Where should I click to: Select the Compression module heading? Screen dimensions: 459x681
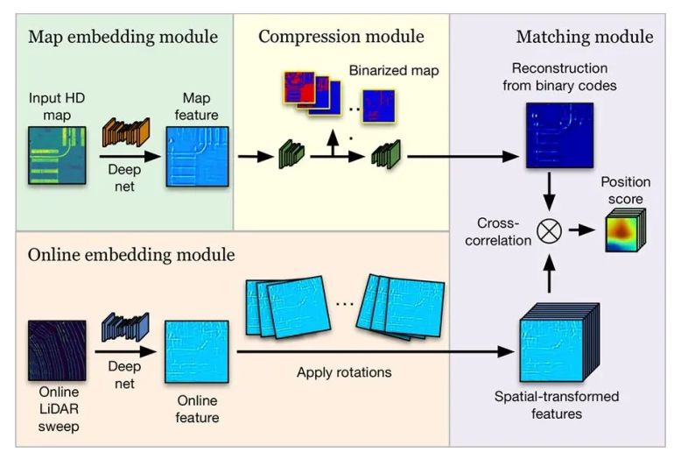click(x=341, y=37)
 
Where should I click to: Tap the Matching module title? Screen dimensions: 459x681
click(x=584, y=37)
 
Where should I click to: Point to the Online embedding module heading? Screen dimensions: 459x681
click(x=131, y=256)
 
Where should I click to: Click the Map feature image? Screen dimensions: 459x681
click(x=198, y=155)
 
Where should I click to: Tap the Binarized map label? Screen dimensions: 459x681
click(x=388, y=69)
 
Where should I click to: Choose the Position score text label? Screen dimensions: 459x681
click(x=626, y=190)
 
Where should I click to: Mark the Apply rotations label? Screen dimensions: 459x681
click(x=344, y=372)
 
